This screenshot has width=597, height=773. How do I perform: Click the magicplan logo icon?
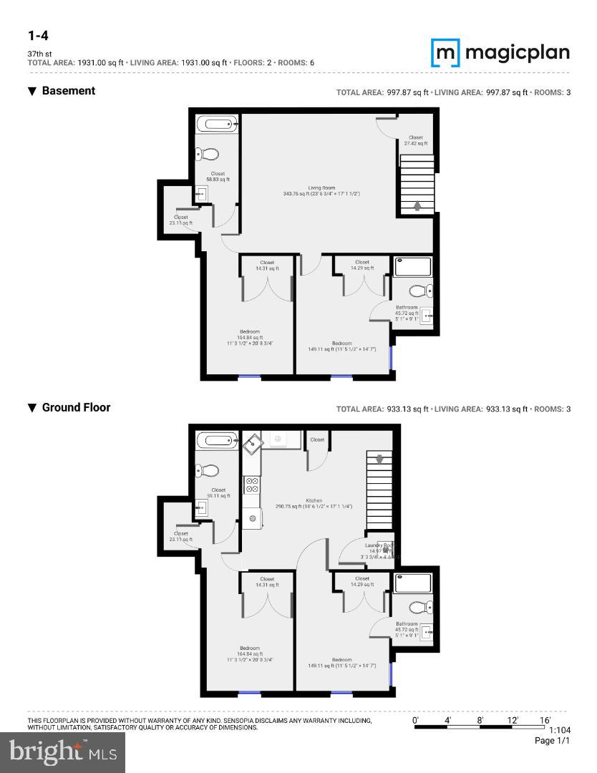point(444,52)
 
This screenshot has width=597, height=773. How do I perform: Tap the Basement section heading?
point(68,91)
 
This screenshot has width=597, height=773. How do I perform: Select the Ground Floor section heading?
point(76,407)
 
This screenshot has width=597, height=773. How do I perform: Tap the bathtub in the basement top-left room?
point(217,125)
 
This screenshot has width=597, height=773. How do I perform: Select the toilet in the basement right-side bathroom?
point(419,291)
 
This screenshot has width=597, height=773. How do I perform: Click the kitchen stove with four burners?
point(252,485)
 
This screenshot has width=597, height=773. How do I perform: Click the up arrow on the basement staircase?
point(417,205)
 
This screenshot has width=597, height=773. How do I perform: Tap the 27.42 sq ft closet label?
point(415,140)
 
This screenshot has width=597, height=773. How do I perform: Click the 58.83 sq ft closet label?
point(218,176)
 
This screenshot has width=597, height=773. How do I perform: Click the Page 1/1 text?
point(552,741)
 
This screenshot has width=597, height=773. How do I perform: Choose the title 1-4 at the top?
point(38,36)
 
